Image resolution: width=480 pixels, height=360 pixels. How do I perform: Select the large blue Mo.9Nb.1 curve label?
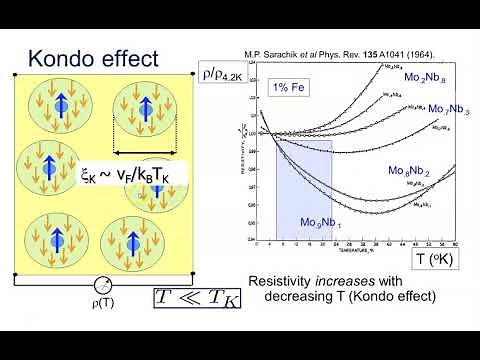click(321, 221)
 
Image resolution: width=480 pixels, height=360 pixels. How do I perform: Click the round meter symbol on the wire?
click(103, 285)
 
